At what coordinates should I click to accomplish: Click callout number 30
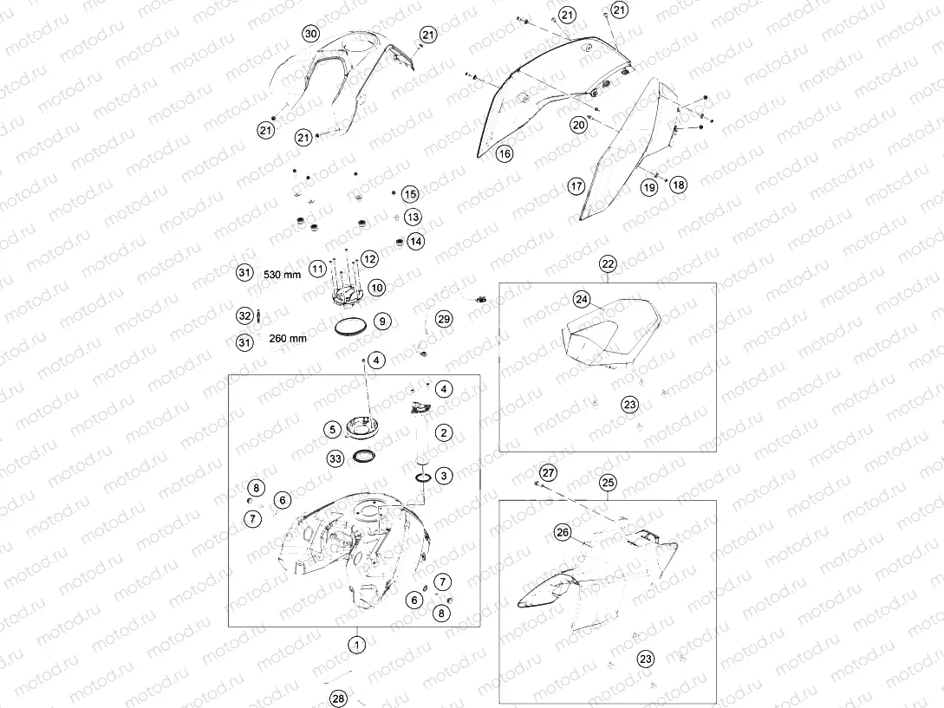tap(310, 34)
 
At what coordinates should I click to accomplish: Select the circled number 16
tap(505, 153)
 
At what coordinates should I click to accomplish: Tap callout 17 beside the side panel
tap(576, 186)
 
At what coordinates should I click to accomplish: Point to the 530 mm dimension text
tap(282, 275)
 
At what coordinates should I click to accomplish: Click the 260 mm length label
tap(288, 338)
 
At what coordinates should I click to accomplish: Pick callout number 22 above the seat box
tap(608, 263)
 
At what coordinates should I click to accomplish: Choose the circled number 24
tap(581, 299)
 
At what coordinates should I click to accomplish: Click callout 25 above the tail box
tap(608, 482)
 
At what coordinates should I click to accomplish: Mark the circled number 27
tap(548, 472)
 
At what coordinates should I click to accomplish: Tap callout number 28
tap(338, 698)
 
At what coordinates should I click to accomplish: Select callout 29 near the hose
tap(444, 319)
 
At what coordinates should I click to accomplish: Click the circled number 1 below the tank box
tap(356, 646)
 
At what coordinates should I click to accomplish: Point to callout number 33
tap(335, 458)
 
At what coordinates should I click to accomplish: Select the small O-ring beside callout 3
tap(422, 478)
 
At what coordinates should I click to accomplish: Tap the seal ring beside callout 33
tap(364, 451)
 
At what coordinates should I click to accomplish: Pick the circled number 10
tap(377, 288)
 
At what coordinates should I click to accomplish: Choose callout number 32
tap(244, 315)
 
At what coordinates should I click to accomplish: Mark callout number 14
tap(415, 242)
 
